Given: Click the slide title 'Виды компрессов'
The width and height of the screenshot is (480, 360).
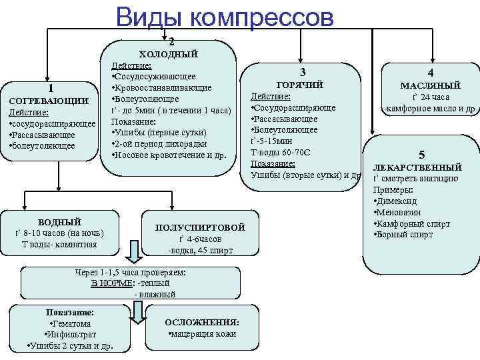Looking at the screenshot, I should (x=224, y=17).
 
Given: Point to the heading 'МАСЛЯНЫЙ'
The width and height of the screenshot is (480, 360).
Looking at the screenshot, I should (x=430, y=85).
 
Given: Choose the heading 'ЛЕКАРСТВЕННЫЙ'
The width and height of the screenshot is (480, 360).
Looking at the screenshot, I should (x=417, y=167).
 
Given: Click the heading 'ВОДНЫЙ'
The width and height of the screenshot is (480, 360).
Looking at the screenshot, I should (x=59, y=221).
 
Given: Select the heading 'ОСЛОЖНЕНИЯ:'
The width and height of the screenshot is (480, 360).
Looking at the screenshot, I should (x=202, y=322).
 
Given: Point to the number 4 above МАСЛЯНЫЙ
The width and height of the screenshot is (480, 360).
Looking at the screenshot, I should (x=431, y=73).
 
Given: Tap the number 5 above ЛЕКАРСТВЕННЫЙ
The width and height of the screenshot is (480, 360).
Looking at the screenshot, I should (x=421, y=154).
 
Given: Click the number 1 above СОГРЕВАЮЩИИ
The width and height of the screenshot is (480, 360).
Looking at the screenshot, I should (x=51, y=87).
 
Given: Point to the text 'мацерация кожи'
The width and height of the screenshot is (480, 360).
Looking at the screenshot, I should (x=203, y=333).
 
